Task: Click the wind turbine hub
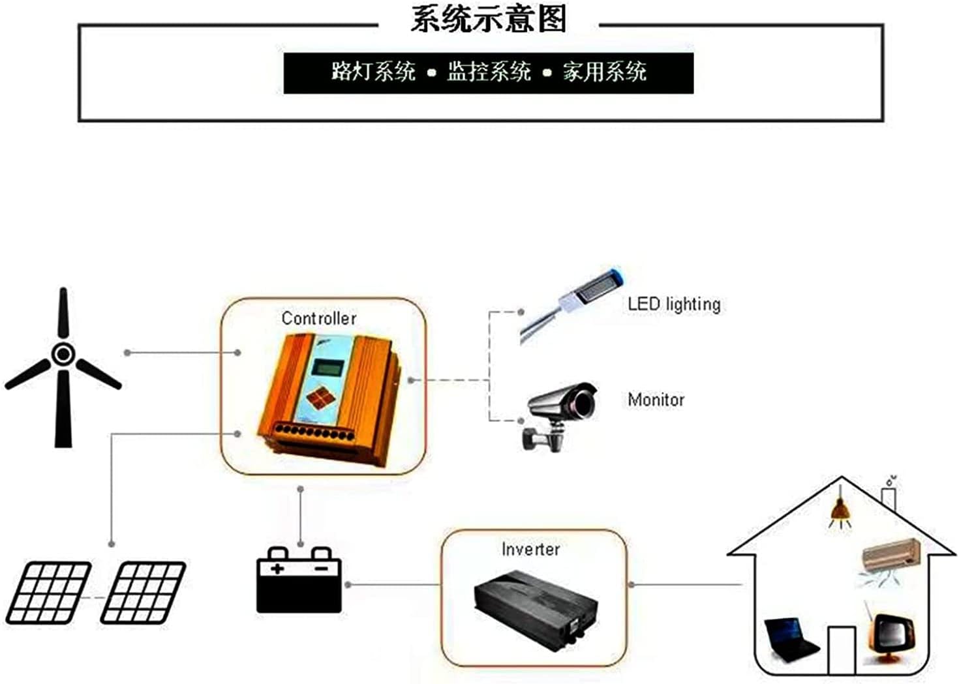tap(63, 354)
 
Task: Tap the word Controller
tap(319, 318)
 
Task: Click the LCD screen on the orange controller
tap(327, 368)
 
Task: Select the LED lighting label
tap(674, 305)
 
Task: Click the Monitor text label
tap(656, 400)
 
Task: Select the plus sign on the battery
tap(277, 569)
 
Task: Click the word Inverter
tap(530, 549)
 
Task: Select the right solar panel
tap(143, 592)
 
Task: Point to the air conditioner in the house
tap(891, 555)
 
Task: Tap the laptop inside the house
tap(791, 637)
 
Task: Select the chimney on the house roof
tap(889, 497)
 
